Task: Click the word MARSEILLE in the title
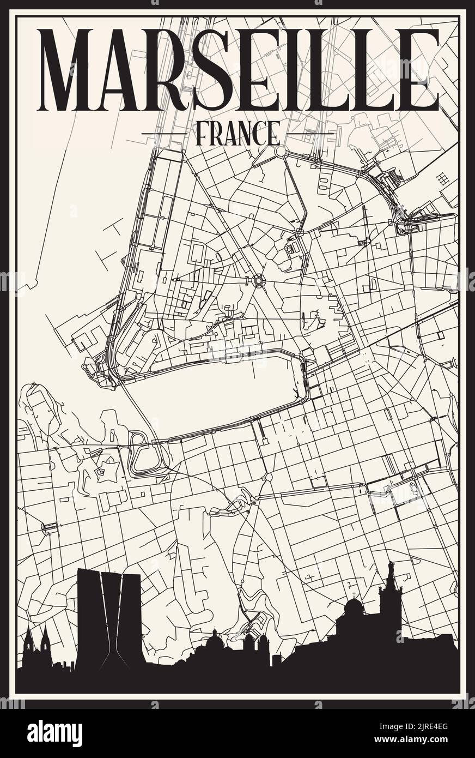point(237,69)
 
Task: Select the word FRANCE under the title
point(237,133)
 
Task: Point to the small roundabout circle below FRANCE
point(281,151)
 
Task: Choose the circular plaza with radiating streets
point(258,281)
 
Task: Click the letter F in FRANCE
point(200,133)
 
